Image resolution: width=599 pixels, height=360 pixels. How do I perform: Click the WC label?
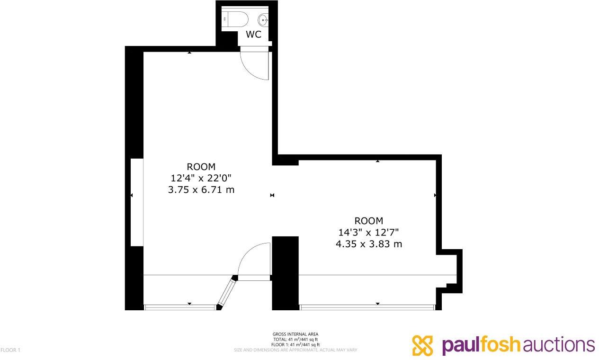click(253, 35)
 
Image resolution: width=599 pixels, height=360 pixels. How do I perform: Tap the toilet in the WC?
click(236, 19)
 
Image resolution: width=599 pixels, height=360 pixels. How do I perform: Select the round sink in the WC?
click(263, 20)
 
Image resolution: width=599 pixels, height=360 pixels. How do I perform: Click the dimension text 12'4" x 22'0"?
click(201, 178)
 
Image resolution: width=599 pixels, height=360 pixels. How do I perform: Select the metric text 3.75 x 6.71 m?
click(201, 190)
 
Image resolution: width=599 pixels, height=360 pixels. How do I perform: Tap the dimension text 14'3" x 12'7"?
click(368, 232)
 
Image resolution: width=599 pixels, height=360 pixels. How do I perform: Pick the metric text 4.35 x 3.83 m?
click(368, 244)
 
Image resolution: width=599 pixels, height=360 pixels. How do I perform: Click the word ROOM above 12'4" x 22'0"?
click(201, 167)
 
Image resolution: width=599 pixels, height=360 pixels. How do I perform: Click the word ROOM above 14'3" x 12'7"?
click(368, 221)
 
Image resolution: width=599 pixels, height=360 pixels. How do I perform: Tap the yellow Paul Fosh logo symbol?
click(423, 345)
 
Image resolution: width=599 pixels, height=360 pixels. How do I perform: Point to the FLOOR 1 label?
click(10, 350)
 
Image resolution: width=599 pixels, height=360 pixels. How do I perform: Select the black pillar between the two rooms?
click(285, 272)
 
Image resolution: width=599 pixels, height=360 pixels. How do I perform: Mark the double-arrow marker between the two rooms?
click(272, 195)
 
